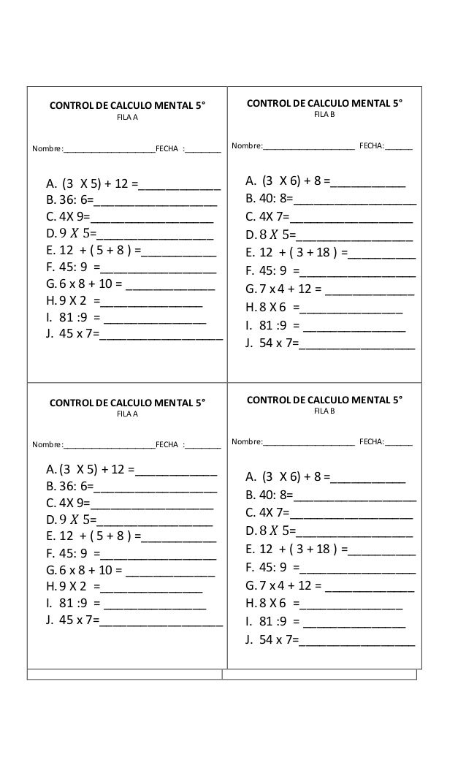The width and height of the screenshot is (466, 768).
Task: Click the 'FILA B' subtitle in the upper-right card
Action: [324, 115]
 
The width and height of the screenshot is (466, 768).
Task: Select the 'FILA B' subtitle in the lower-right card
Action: [324, 412]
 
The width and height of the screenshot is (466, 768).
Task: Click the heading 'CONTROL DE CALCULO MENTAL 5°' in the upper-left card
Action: [127, 105]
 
